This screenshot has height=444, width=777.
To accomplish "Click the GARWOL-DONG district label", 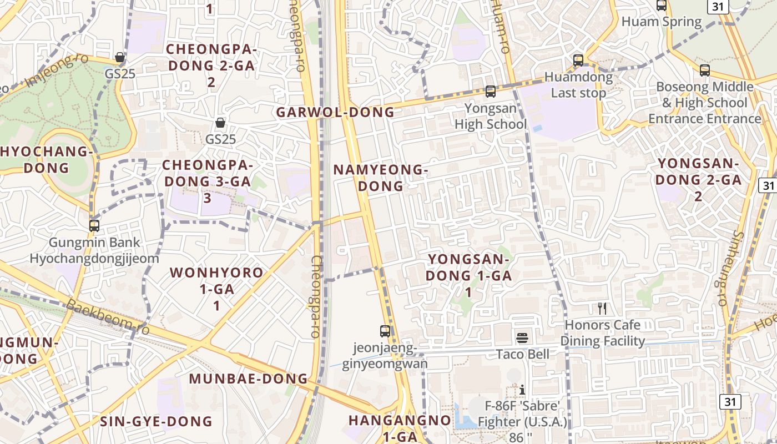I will (335, 112).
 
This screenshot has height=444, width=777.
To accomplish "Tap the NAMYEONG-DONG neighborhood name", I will (381, 178).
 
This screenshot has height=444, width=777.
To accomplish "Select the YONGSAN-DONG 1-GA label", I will (469, 275).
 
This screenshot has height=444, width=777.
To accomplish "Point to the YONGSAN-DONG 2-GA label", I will (698, 179).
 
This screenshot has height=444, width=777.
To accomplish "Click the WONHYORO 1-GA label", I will (216, 289).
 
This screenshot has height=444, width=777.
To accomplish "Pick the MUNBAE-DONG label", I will (248, 379).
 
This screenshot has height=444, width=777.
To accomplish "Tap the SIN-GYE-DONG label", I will (156, 421).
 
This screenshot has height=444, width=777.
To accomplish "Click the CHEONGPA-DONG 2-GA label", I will (211, 65).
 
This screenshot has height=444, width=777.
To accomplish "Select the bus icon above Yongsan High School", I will (490, 92).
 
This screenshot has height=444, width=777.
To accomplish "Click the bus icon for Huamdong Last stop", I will (578, 60).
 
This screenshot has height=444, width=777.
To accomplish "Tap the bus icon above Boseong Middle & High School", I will (705, 70).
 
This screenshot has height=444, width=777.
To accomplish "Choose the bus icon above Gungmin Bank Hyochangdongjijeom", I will (94, 226).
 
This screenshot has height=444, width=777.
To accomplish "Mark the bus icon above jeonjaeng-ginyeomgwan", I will (385, 331).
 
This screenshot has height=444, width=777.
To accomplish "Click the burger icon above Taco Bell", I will (522, 337).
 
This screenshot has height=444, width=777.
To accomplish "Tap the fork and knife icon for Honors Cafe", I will (602, 309).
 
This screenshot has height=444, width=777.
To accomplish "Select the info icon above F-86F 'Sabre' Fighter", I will (522, 390).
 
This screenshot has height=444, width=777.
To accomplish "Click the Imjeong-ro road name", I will (50, 72).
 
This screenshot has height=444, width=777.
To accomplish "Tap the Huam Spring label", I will (662, 22).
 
